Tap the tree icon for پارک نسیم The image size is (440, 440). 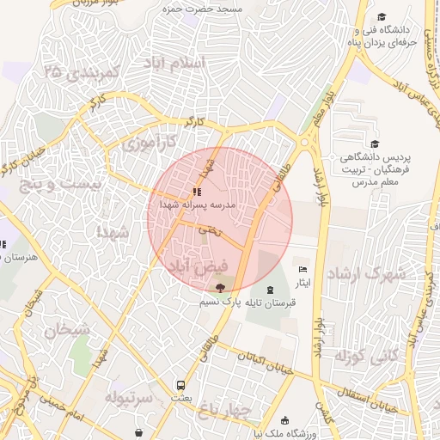point(220,289)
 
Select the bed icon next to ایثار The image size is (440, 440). point(301,270)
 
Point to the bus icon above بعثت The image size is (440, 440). point(180,385)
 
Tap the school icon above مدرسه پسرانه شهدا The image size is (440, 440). point(197,192)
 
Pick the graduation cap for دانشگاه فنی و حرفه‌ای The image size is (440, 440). point(382,16)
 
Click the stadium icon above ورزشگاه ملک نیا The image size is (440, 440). point(285,421)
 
